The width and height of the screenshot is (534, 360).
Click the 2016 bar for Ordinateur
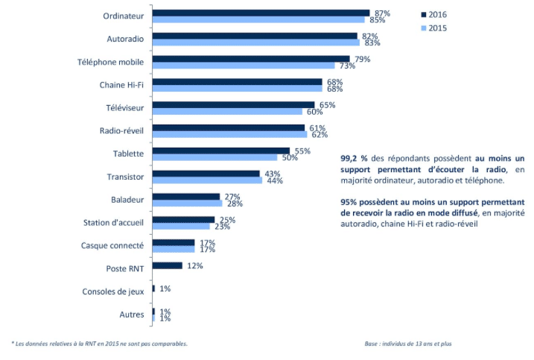tap(261, 13)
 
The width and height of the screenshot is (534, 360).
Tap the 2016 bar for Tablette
tap(220, 151)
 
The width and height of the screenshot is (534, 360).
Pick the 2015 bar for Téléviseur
tap(227, 112)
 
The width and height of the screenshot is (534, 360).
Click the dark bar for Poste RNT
tap(167, 265)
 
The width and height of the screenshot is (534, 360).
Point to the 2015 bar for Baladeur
tap(187, 203)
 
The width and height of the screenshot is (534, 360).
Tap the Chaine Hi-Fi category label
tap(122, 85)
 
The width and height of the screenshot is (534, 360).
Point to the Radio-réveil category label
tap(122, 131)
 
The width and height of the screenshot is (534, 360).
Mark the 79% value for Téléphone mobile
tap(363, 59)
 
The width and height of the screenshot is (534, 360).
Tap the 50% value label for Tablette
tap(289, 158)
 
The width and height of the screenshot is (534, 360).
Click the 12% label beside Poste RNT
tap(194, 265)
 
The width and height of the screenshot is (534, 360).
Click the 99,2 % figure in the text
tap(352, 158)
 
